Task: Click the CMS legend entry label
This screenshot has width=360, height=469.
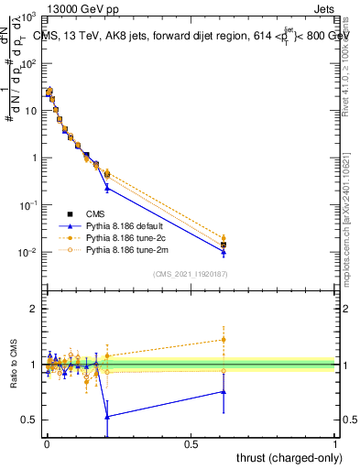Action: coord(97,213)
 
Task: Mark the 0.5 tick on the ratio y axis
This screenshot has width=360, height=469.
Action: coord(31,420)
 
